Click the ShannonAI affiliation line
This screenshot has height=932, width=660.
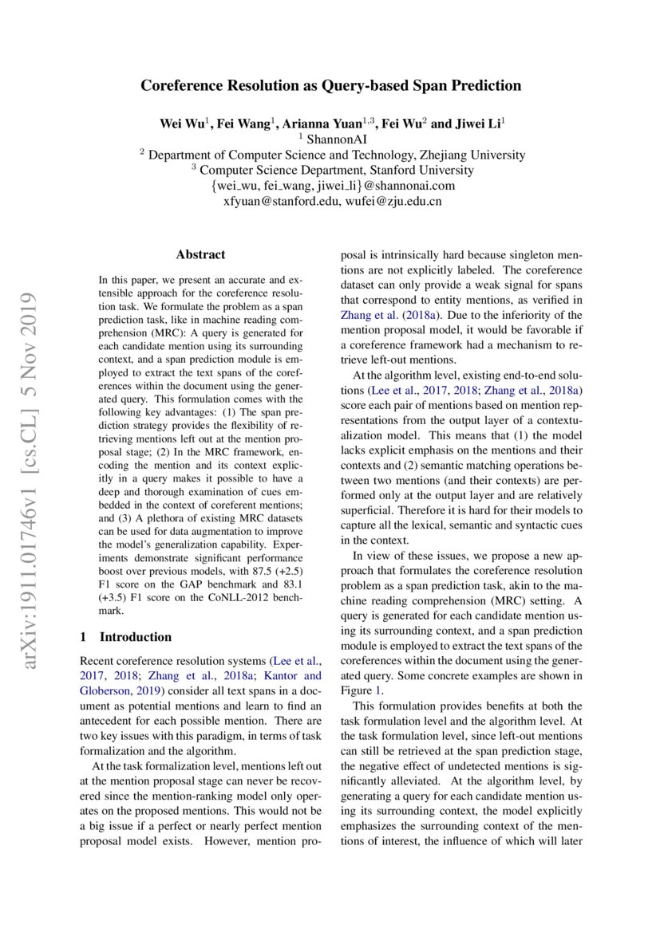(330, 140)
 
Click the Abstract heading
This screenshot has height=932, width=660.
(200, 255)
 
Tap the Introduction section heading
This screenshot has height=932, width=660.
(135, 637)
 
